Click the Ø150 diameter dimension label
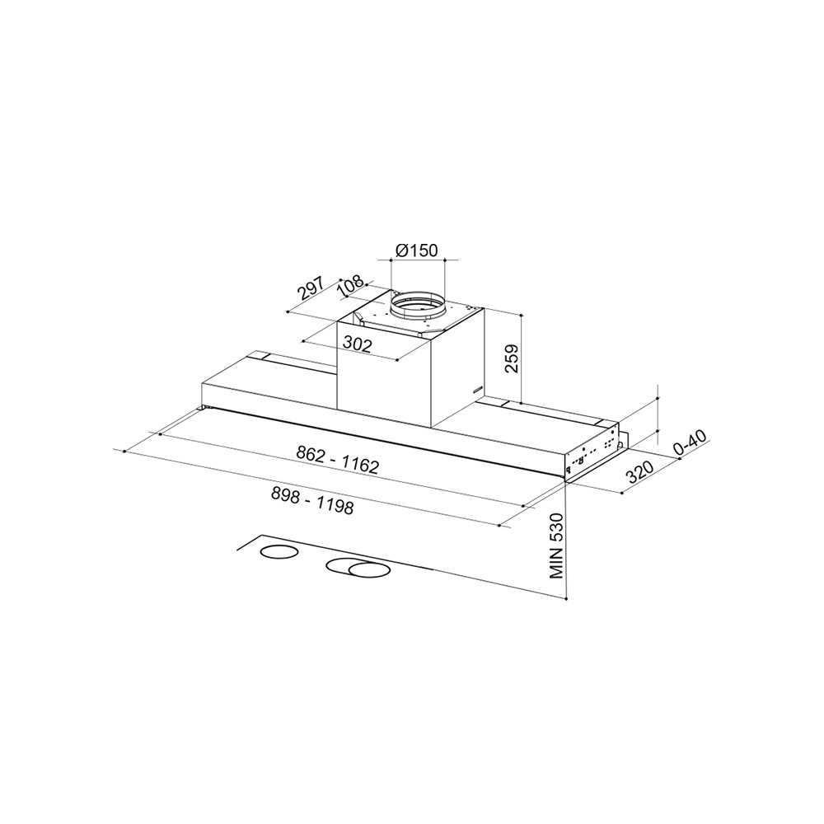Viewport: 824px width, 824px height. tap(416, 250)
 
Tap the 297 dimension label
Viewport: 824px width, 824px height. tap(311, 288)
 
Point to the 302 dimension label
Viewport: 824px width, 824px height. tap(358, 344)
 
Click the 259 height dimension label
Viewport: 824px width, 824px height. tap(512, 358)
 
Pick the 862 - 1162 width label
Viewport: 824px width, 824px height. tap(337, 460)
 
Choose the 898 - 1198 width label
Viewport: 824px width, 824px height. tap(312, 500)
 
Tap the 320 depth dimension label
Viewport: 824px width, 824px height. tap(639, 472)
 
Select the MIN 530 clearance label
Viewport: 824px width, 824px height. tap(556, 546)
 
